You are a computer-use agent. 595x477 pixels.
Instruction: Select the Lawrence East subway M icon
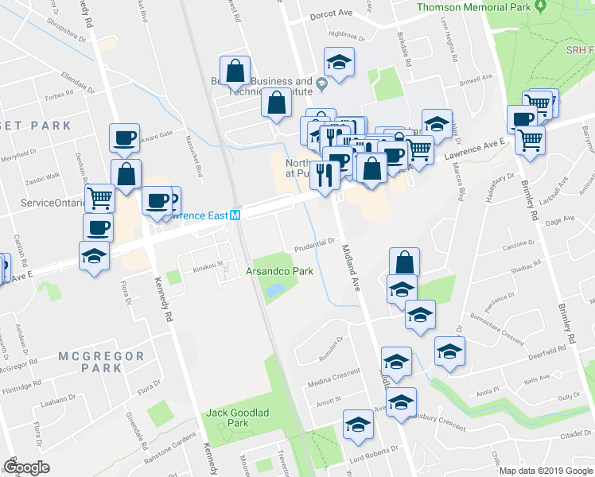click(x=235, y=215)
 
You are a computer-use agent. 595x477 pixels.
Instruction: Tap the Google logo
click(x=26, y=467)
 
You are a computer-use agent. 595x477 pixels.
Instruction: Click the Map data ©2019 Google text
click(x=545, y=471)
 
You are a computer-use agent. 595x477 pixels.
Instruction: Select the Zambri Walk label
click(x=42, y=177)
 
